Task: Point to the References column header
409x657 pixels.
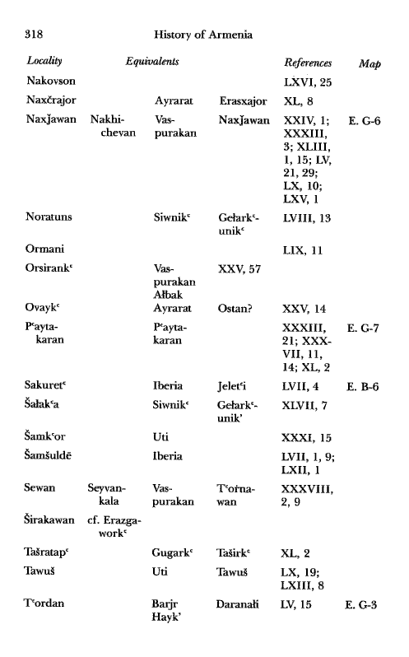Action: tap(308, 63)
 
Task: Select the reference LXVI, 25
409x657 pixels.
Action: tap(307, 83)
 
